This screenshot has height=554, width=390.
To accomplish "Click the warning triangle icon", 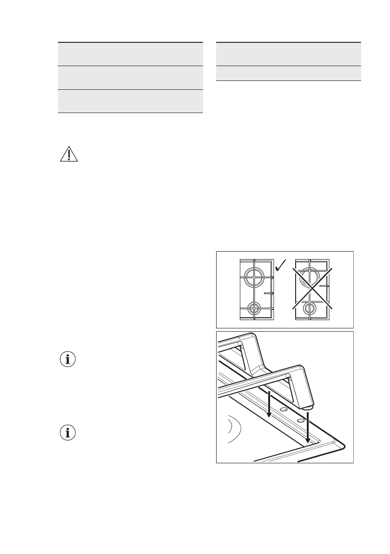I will coord(68,154).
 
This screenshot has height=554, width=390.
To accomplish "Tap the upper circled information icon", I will coord(68,360).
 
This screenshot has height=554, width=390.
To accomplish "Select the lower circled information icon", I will coord(68,433).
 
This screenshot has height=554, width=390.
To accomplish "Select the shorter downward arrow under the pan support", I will coord(269,404).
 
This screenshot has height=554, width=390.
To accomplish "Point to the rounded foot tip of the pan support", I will coord(307,406).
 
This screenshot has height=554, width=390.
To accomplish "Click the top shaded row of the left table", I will coord(130,53).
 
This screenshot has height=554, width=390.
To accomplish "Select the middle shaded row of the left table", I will coord(130,77).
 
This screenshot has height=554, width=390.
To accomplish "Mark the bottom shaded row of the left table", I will coord(130,101).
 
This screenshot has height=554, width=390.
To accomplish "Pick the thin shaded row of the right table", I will coord(289,73).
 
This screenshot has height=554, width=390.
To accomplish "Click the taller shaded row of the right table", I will coord(289,53).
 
